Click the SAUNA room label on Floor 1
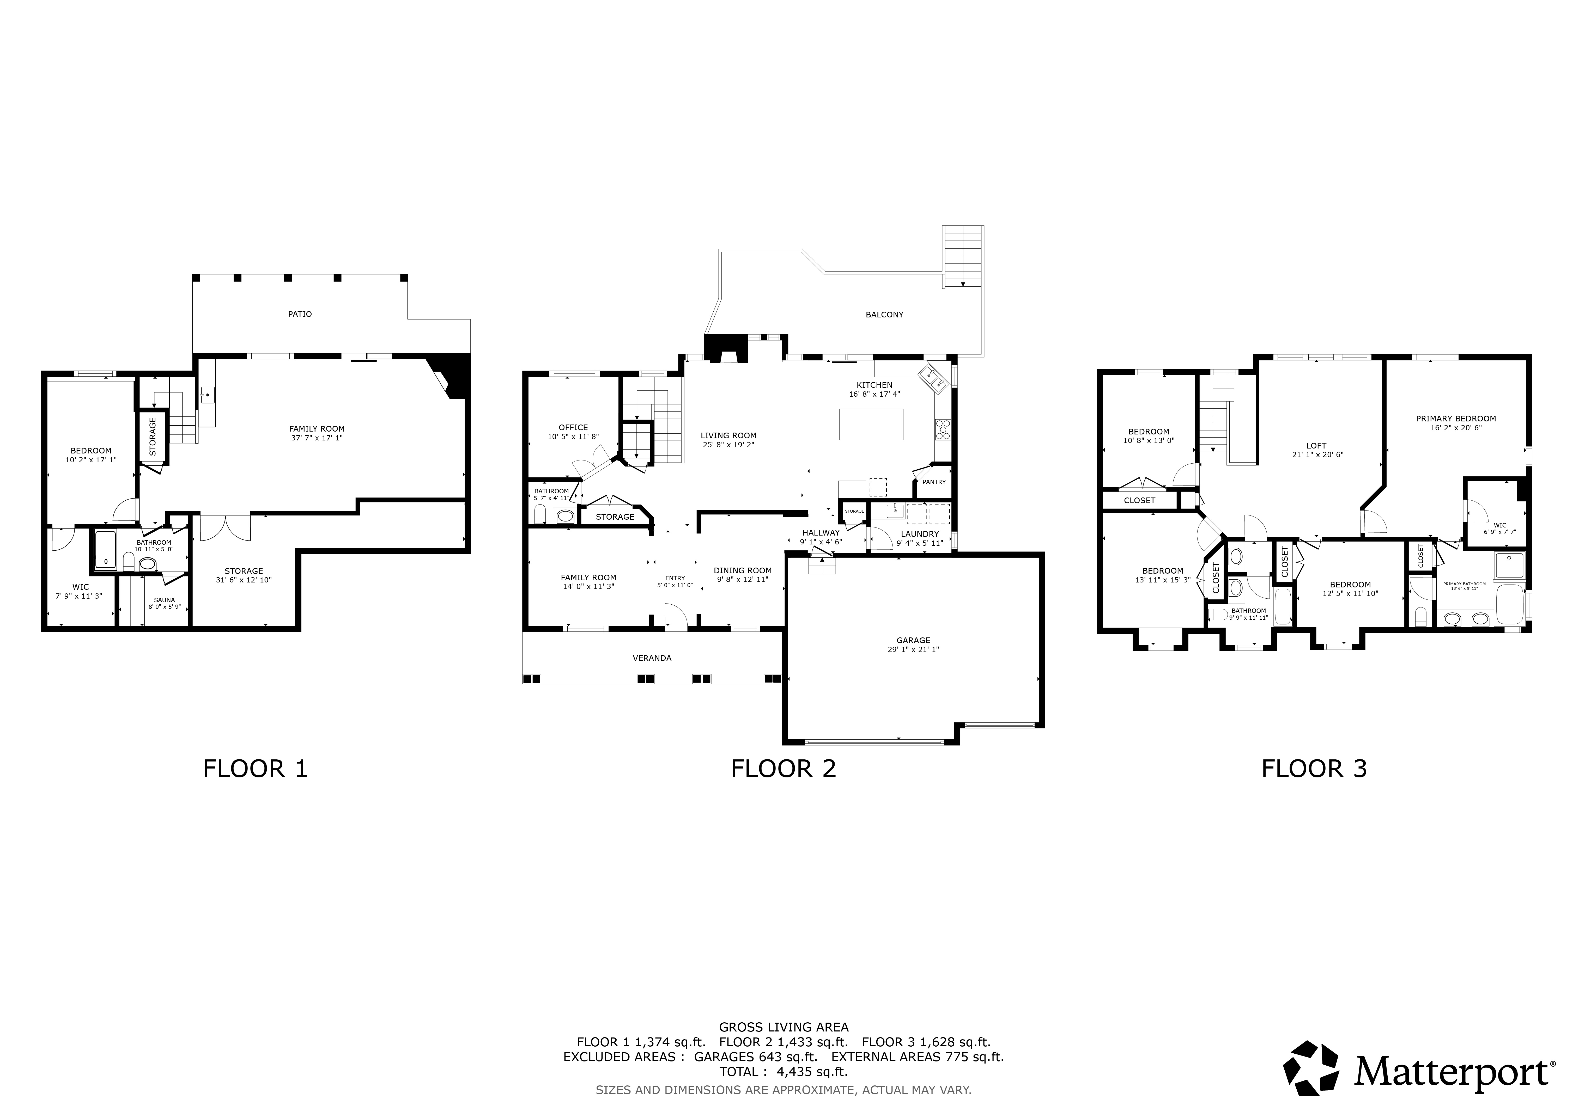165,600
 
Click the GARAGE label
913,640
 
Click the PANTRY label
934,482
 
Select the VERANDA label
652,658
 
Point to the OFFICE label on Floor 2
573,427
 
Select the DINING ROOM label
743,570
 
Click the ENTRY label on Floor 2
675,579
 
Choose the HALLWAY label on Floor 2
821,533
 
